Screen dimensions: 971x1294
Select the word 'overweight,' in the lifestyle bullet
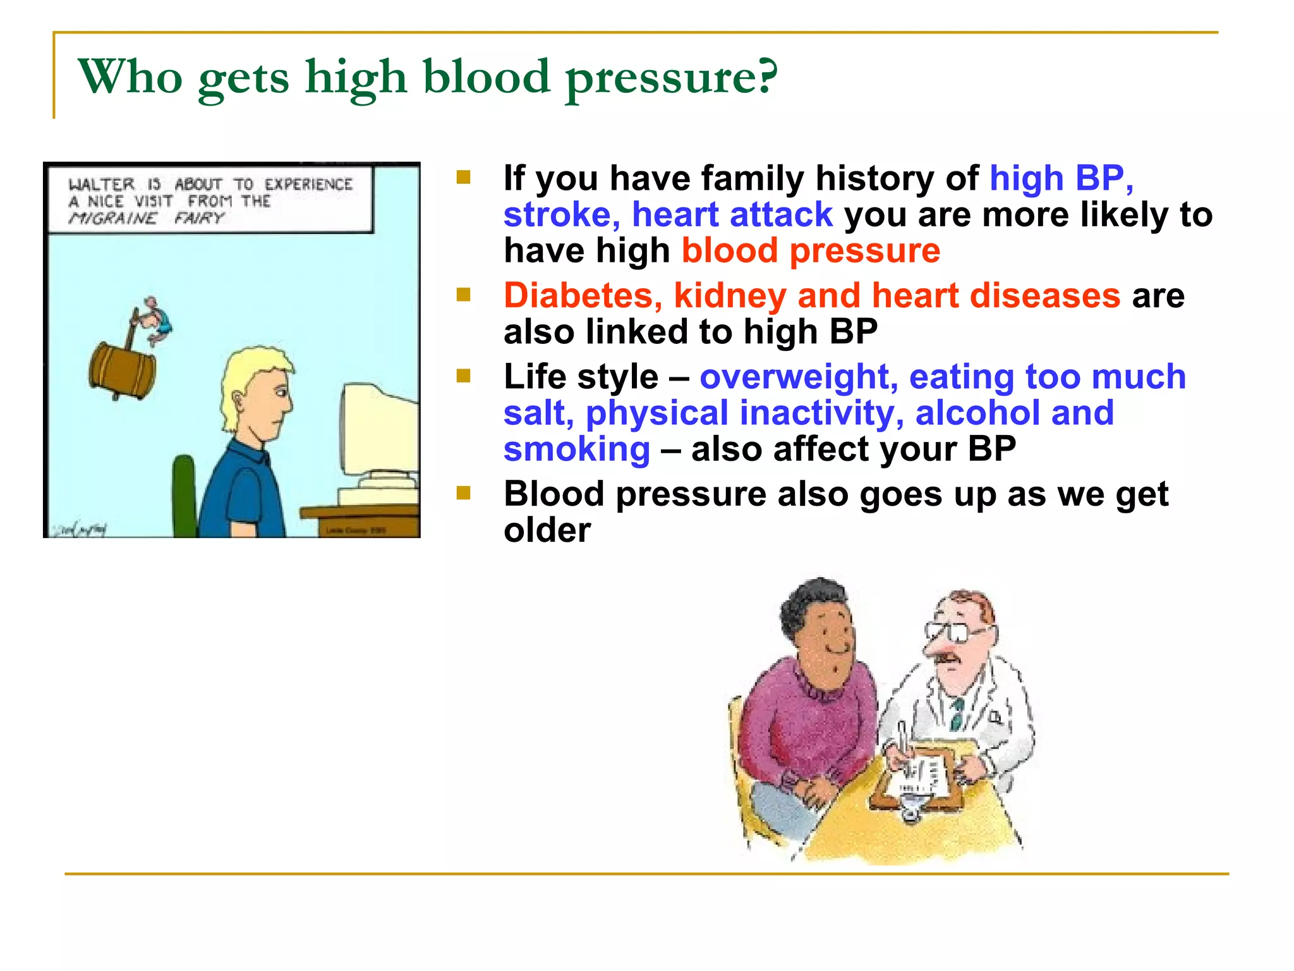pos(798,377)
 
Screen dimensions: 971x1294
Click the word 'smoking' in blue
pos(576,449)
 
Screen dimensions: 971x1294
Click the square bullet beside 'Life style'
pos(464,377)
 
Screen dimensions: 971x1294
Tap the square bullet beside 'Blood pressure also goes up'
pos(464,493)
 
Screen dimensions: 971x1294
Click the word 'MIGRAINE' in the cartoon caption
pos(112,219)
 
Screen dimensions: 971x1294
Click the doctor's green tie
pos(958,714)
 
